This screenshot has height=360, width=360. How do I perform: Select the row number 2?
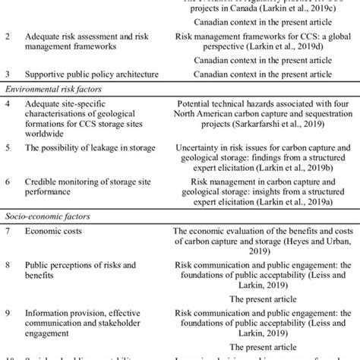(8, 35)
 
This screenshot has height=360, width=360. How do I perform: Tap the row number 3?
(8, 74)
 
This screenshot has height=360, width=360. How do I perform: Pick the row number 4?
(8, 101)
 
